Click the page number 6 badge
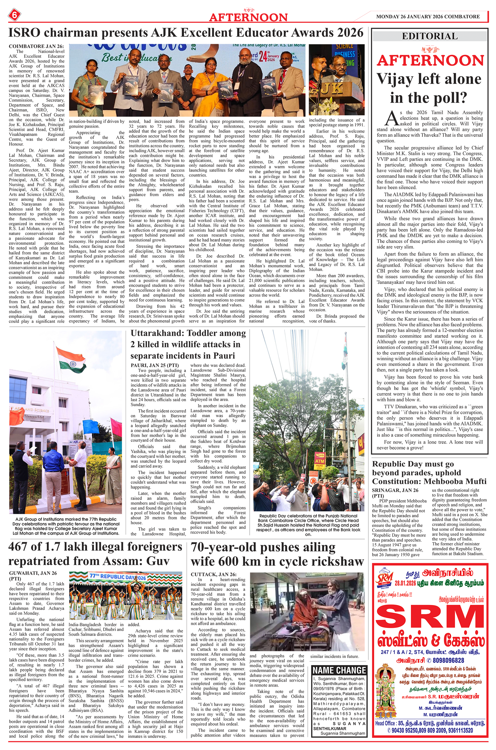tap(15, 15)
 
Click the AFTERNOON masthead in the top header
tap(248, 17)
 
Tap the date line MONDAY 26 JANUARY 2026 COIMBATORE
tap(428, 17)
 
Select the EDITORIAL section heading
tap(430, 36)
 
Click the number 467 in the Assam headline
tap(21, 547)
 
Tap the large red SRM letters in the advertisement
tap(430, 622)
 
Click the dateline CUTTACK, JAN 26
tap(213, 574)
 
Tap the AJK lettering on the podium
tap(331, 90)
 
